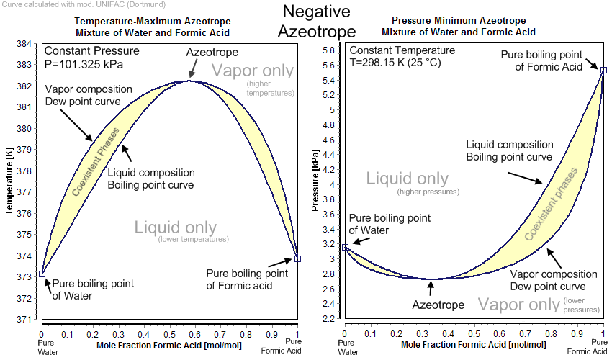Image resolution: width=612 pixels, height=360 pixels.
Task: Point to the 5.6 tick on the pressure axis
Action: tap(328, 65)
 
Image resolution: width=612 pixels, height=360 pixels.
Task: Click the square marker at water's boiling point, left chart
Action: tap(42, 274)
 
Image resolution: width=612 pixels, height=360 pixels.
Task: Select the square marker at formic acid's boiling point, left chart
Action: tap(298, 258)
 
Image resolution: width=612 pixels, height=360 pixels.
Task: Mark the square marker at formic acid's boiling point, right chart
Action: tap(603, 70)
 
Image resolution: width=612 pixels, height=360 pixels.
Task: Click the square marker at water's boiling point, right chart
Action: tap(345, 247)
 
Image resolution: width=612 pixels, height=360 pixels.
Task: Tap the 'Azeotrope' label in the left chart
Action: tap(212, 53)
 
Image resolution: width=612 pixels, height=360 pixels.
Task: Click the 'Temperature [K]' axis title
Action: tap(11, 179)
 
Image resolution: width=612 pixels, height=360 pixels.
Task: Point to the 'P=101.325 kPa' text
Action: tap(84, 64)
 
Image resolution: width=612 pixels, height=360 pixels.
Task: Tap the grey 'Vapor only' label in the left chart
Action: tap(253, 71)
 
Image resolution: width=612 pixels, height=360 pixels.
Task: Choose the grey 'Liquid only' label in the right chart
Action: tap(408, 179)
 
